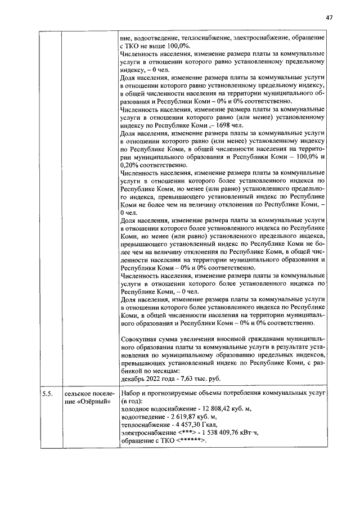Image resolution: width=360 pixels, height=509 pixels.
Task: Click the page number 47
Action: click(330, 17)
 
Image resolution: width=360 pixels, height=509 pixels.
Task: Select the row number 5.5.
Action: click(47, 393)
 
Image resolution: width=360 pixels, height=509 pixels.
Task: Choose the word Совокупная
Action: click(143, 339)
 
